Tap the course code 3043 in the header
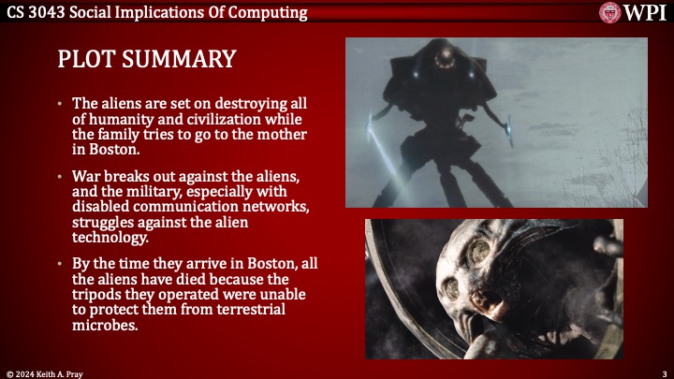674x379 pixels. click(53, 11)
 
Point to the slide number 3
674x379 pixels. click(663, 372)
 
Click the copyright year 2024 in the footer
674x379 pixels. click(30, 372)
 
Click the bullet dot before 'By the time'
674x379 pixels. click(61, 265)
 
